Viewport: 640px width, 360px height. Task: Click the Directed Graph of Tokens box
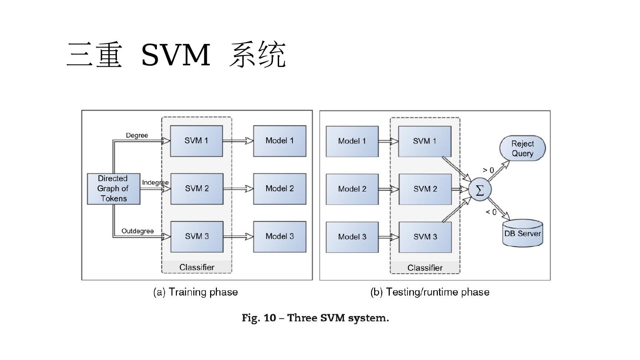pyautogui.click(x=113, y=189)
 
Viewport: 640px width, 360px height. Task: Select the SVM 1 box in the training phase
pyautogui.click(x=196, y=141)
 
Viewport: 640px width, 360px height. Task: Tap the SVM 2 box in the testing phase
pyautogui.click(x=425, y=189)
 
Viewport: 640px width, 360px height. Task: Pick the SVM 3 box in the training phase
pyautogui.click(x=196, y=236)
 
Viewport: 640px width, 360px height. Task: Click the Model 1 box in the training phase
pyautogui.click(x=280, y=141)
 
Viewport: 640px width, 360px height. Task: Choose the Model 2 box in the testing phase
pyautogui.click(x=352, y=189)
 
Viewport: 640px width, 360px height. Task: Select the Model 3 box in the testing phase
pyautogui.click(x=352, y=237)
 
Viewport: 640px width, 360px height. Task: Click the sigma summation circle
pyautogui.click(x=480, y=190)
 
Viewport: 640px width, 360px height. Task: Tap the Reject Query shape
pyautogui.click(x=522, y=149)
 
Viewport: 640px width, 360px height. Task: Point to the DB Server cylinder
pyautogui.click(x=523, y=233)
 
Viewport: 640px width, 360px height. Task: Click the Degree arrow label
pyautogui.click(x=137, y=136)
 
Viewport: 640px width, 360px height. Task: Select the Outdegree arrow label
pyautogui.click(x=138, y=231)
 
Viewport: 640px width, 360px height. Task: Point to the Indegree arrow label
pyautogui.click(x=155, y=183)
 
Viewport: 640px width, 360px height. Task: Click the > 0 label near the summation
pyautogui.click(x=488, y=170)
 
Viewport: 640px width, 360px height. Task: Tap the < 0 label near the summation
pyautogui.click(x=491, y=212)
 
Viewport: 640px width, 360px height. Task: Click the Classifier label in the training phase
pyautogui.click(x=197, y=267)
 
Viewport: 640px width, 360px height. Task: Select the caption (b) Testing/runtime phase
pyautogui.click(x=430, y=292)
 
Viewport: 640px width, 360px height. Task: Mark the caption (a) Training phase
pyautogui.click(x=196, y=292)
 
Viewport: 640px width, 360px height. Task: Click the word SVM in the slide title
pyautogui.click(x=176, y=56)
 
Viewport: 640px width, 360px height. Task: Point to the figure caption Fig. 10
pyautogui.click(x=315, y=318)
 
